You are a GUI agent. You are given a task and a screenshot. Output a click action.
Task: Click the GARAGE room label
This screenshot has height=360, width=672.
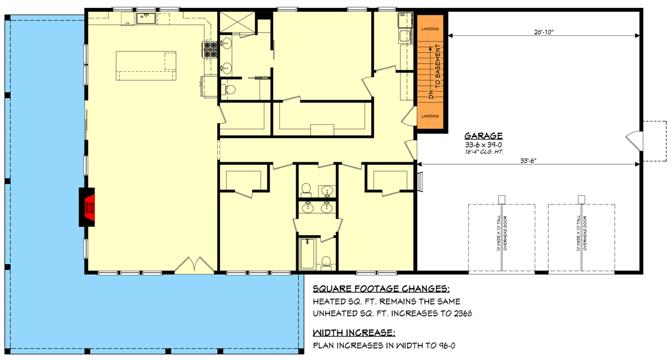483,135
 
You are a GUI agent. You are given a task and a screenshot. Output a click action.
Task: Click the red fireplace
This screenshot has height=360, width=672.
87,207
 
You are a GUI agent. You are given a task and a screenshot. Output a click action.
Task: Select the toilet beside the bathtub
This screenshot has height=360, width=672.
326,261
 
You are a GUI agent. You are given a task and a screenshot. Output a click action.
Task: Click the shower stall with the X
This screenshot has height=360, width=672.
234,22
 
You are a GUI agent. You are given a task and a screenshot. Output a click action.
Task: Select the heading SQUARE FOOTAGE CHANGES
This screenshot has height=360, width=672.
381,289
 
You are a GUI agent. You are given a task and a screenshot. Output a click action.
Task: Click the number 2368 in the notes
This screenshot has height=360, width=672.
461,314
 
